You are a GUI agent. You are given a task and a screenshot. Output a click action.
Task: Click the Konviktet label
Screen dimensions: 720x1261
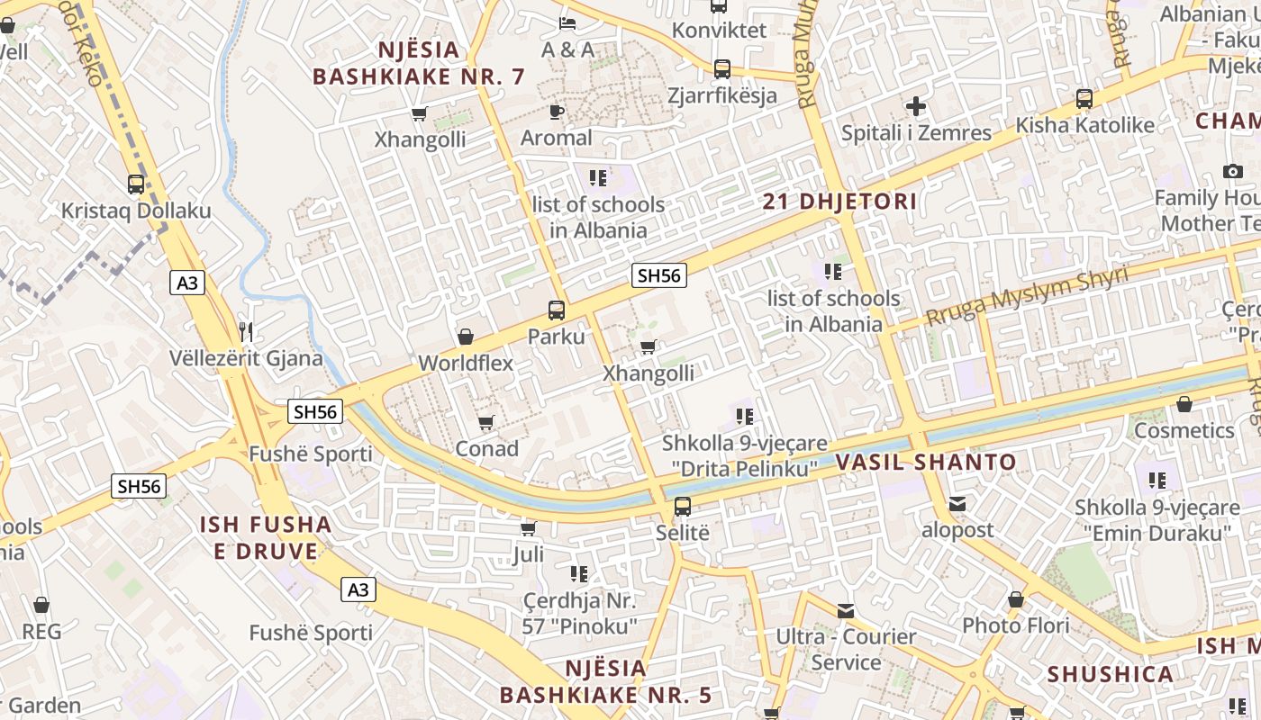pyautogui.click(x=720, y=30)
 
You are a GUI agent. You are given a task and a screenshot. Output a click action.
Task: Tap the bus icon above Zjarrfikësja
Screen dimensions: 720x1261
pyautogui.click(x=721, y=68)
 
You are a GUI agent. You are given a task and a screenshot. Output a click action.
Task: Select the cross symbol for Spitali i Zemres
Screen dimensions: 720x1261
pyautogui.click(x=916, y=106)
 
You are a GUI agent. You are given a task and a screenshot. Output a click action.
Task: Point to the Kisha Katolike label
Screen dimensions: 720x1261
pyautogui.click(x=1084, y=125)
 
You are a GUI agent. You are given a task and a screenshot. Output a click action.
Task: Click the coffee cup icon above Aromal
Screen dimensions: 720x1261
pyautogui.click(x=557, y=112)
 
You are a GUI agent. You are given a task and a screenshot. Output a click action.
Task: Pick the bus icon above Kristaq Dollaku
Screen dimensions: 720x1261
pyautogui.click(x=136, y=184)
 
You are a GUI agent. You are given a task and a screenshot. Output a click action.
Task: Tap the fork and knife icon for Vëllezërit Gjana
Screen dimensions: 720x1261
pyautogui.click(x=246, y=331)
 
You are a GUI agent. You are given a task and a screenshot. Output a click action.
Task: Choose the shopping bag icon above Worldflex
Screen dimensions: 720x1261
pyautogui.click(x=466, y=337)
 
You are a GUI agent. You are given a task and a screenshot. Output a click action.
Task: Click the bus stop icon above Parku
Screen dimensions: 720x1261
pyautogui.click(x=557, y=310)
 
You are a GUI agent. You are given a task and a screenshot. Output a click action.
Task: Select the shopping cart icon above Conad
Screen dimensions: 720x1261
pyautogui.click(x=486, y=422)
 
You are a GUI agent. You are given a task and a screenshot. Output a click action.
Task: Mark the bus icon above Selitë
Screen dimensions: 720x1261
pyautogui.click(x=683, y=506)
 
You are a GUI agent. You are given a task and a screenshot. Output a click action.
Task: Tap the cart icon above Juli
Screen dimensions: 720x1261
pyautogui.click(x=529, y=528)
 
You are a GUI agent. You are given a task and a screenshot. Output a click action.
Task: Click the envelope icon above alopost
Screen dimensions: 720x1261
pyautogui.click(x=957, y=504)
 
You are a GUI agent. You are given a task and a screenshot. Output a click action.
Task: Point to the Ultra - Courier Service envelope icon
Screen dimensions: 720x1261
pyautogui.click(x=846, y=611)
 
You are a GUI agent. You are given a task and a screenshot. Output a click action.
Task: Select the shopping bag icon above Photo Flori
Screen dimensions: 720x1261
pyautogui.click(x=1016, y=599)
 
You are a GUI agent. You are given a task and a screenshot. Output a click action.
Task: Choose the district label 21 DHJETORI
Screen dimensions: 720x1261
pyautogui.click(x=839, y=202)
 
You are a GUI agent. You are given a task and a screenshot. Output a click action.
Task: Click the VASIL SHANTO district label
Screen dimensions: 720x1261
pyautogui.click(x=926, y=463)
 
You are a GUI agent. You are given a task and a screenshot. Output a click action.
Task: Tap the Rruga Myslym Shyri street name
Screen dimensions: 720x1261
pyautogui.click(x=1026, y=297)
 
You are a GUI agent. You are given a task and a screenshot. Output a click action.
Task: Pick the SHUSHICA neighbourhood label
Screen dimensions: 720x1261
pyautogui.click(x=1110, y=674)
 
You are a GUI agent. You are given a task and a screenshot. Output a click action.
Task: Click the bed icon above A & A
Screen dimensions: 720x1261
pyautogui.click(x=567, y=22)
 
